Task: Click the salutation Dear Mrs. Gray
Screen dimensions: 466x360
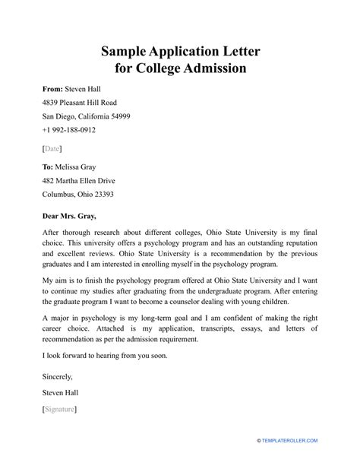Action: click(x=71, y=217)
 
